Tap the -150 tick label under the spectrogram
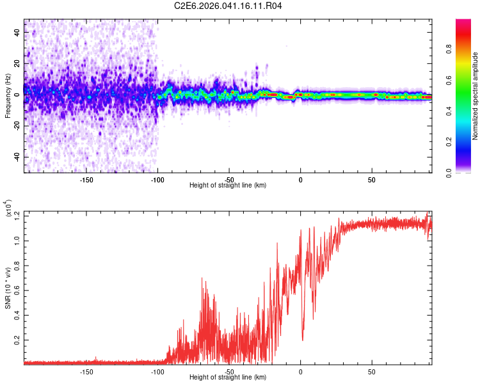[87, 180]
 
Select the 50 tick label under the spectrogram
[372, 180]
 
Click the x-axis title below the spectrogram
[228, 186]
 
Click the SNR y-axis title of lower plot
[8, 286]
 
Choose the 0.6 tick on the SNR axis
[17, 291]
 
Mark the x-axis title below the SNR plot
[228, 378]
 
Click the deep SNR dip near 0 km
[303, 340]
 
